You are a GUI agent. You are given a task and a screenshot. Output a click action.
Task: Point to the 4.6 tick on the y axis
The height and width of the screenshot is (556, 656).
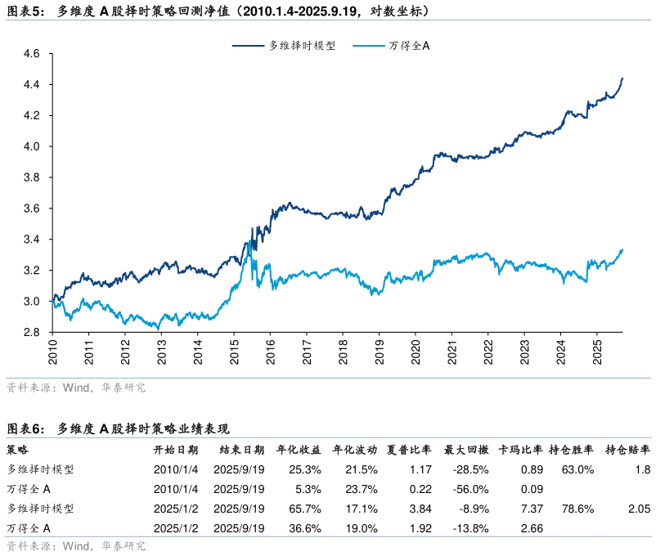click(x=31, y=54)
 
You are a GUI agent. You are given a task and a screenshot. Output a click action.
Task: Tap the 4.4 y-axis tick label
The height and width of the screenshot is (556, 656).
click(x=31, y=85)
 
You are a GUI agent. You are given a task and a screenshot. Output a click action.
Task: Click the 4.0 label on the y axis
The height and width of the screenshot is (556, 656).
click(x=31, y=147)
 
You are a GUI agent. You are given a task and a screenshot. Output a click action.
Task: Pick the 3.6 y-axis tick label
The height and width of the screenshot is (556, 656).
click(x=31, y=209)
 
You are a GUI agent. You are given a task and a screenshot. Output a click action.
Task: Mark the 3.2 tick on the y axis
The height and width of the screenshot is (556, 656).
click(x=31, y=271)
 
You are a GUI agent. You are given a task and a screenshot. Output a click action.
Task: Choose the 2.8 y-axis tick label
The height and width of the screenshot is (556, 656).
click(x=31, y=333)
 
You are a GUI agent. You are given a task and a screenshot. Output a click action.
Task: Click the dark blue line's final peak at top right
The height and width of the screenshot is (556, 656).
click(x=622, y=78)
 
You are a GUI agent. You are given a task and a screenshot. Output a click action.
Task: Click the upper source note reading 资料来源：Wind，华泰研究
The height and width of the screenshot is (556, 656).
click(x=75, y=388)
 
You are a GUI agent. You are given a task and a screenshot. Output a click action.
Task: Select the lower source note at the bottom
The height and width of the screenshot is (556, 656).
click(x=75, y=546)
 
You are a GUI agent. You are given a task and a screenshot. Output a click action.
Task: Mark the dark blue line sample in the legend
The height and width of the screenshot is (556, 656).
click(x=247, y=46)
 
